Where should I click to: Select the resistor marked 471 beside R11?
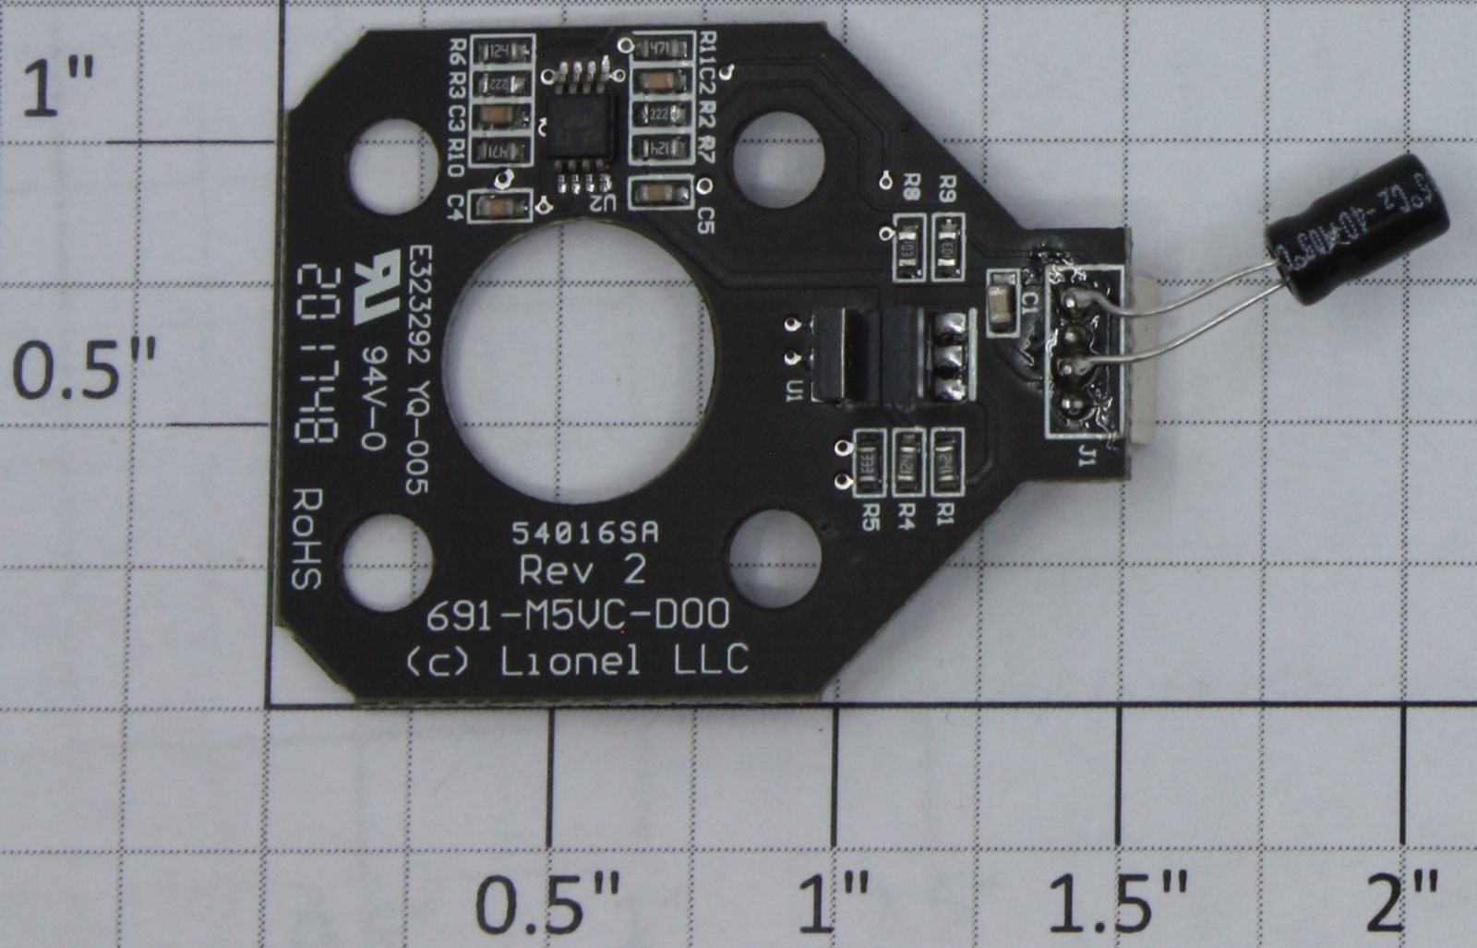pyautogui.click(x=660, y=48)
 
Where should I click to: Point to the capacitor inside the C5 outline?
pyautogui.click(x=659, y=193)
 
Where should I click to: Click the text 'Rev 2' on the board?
pyautogui.click(x=582, y=570)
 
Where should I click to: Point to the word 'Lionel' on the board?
pyautogui.click(x=570, y=660)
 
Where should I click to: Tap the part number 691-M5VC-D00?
pyautogui.click(x=578, y=615)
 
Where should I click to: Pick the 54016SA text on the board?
pyautogui.click(x=585, y=532)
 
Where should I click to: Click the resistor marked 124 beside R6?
pyautogui.click(x=502, y=51)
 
